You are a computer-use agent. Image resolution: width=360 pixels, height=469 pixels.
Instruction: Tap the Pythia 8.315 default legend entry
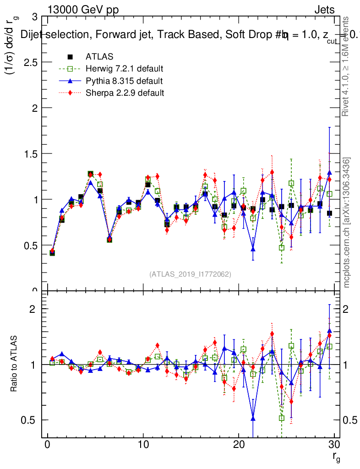124,81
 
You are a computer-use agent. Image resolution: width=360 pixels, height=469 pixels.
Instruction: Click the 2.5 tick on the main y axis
30,62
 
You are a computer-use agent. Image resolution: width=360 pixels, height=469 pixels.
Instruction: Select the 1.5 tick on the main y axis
30,153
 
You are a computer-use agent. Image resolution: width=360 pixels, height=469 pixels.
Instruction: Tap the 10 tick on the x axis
143,446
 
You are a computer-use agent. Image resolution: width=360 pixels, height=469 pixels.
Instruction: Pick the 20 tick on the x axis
239,446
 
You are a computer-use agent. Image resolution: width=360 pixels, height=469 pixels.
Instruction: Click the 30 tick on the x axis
334,446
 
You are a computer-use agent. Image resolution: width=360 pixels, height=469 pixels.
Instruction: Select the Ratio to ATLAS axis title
14,365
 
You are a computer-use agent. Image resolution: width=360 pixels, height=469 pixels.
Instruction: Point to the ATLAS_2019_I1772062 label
190,274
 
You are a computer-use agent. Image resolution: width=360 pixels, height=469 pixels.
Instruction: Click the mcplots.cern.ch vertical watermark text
347,223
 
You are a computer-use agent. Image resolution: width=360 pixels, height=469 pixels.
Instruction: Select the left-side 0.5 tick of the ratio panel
31,420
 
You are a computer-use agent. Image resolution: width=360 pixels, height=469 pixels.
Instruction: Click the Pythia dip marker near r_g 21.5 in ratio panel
253,418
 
